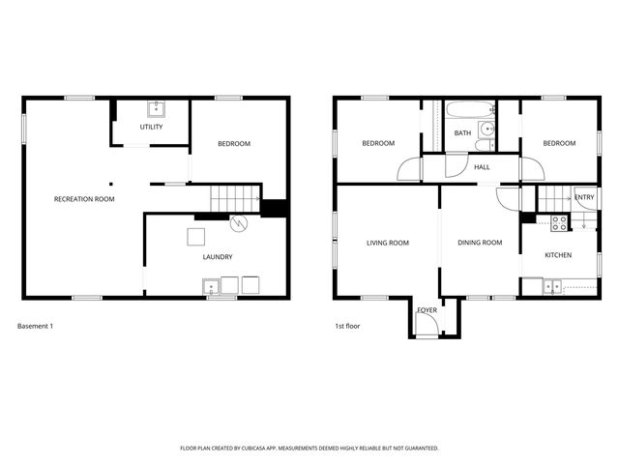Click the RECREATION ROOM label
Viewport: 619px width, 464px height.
coord(84,199)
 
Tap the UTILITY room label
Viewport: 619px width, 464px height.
coord(151,127)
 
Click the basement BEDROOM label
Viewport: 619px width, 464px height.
coord(233,144)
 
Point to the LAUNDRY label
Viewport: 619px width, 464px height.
coord(217,256)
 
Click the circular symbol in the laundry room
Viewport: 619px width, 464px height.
coord(238,223)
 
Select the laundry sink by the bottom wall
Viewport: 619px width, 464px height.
coord(210,286)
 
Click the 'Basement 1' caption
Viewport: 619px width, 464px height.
coord(36,326)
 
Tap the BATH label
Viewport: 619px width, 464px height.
coord(462,133)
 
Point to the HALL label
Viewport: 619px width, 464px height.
coord(482,167)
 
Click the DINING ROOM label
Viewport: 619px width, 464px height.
coord(480,243)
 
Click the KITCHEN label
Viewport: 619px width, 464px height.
coord(558,255)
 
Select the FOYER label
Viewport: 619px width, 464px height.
coord(426,310)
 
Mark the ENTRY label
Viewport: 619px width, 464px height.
coord(584,197)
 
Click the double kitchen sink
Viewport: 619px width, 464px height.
coord(552,285)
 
